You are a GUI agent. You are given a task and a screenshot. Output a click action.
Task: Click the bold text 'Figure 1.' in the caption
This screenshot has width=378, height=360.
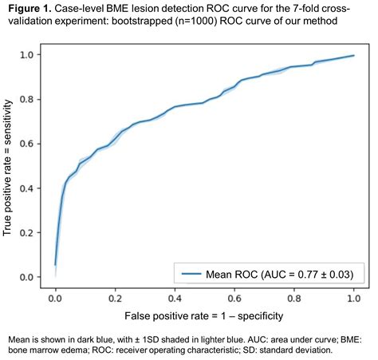pyautogui.click(x=30, y=9)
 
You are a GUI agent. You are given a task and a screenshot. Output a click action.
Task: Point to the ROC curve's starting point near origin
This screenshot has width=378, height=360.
pyautogui.click(x=55, y=264)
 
